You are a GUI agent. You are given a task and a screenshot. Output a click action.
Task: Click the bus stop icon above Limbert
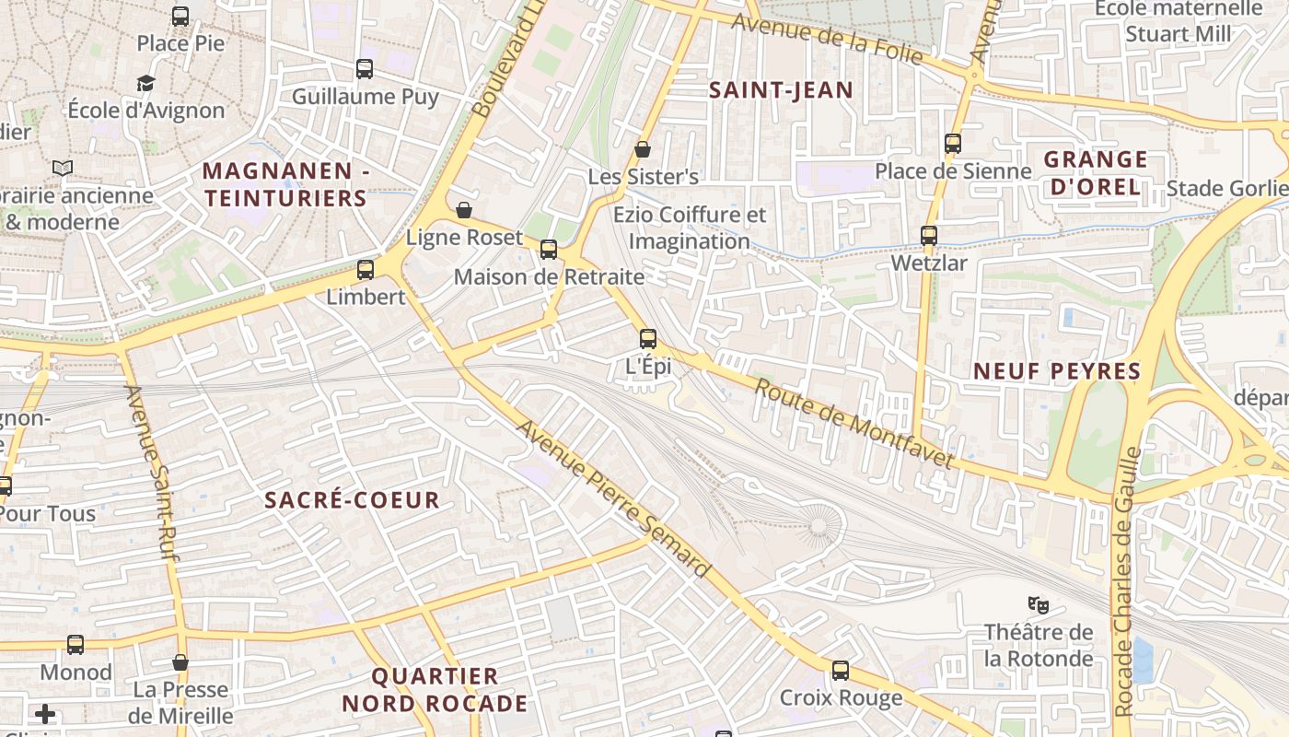366,270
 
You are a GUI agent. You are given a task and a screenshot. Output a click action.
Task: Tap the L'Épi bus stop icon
648,339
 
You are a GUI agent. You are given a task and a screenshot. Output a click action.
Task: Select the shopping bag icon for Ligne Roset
464,211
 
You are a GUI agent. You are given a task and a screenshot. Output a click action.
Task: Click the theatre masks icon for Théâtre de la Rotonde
1039,605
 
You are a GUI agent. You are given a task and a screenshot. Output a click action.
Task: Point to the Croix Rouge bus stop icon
841,671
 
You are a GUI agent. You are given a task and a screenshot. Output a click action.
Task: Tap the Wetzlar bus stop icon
929,236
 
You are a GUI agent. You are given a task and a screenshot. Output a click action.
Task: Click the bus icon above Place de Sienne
953,144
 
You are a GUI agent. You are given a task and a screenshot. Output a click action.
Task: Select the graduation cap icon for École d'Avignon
146,84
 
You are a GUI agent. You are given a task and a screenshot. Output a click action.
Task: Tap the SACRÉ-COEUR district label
352,500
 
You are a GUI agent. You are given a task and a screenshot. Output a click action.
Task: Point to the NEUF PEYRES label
1058,371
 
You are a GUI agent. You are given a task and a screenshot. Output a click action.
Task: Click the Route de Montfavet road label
854,424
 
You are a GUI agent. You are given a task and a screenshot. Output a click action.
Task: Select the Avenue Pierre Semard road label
613,499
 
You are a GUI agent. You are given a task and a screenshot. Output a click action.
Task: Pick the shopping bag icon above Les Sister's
643,149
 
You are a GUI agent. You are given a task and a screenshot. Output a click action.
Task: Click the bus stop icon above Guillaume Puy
365,69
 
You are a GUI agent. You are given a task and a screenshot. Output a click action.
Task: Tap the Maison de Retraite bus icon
549,250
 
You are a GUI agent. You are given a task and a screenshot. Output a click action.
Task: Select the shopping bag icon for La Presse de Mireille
180,662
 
